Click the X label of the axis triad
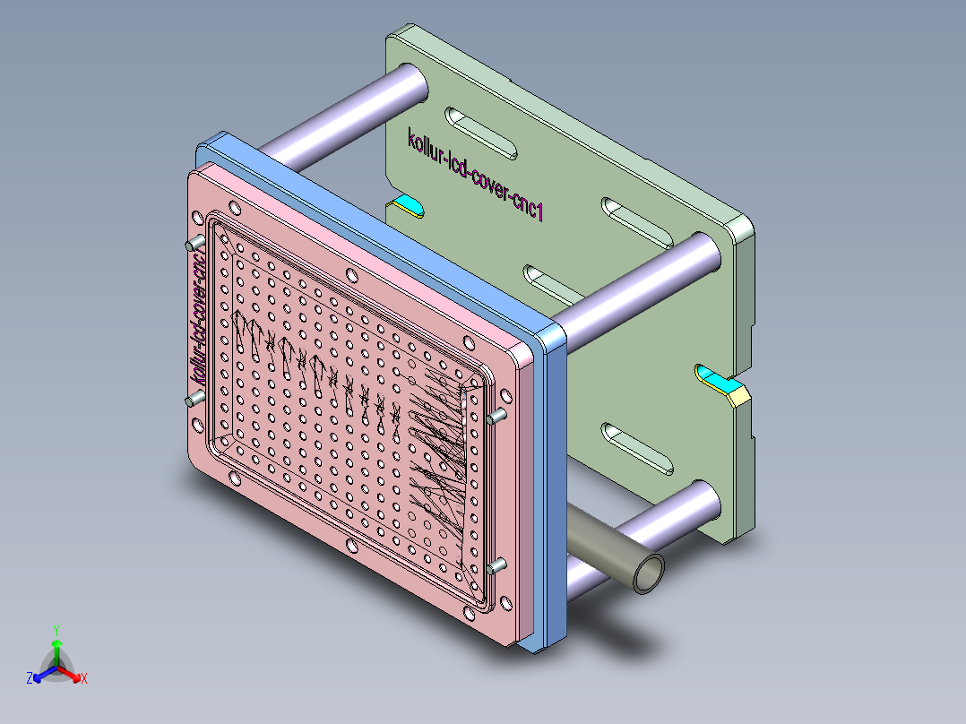click(x=84, y=679)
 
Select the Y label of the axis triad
click(x=56, y=630)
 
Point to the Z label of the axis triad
click(x=29, y=679)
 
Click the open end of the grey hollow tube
click(x=648, y=573)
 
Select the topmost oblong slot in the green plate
click(x=481, y=132)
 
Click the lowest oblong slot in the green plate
click(x=637, y=448)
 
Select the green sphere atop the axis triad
click(x=56, y=644)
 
